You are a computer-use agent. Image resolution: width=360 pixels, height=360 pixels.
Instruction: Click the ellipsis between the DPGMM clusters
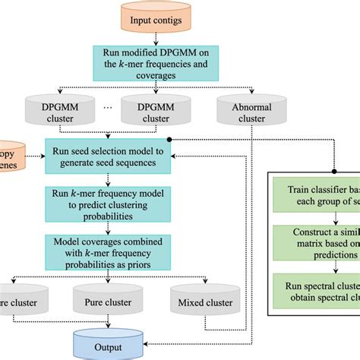pos(108,107)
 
